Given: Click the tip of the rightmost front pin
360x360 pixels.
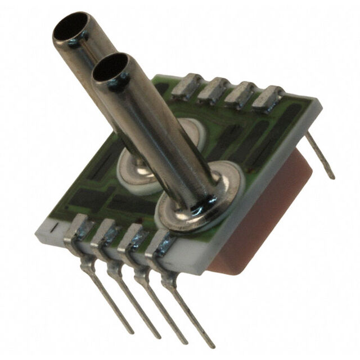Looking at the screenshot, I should (x=210, y=344).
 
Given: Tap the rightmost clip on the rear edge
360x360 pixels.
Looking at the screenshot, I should (x=268, y=97).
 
